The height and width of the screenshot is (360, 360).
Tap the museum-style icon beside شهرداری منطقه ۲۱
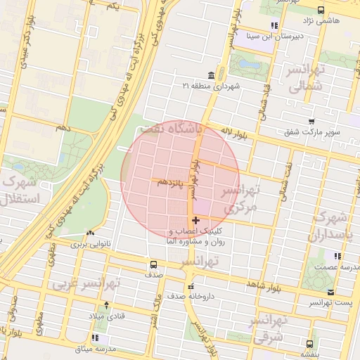[x=211, y=75]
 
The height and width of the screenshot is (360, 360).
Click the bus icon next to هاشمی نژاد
[x=321, y=10]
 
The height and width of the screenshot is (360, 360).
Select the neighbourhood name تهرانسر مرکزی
[x=241, y=199]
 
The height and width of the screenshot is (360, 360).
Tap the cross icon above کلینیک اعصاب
[x=195, y=221]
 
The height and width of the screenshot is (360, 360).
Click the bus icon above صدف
[x=153, y=265]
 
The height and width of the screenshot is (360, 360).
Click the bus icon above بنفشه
[x=310, y=344]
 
